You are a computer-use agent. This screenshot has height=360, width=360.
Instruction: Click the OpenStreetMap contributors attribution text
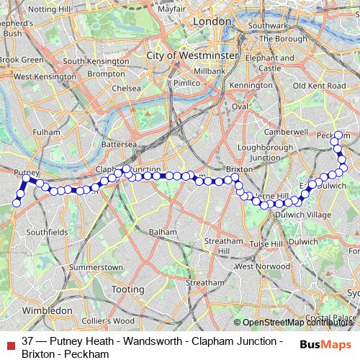point(297,323)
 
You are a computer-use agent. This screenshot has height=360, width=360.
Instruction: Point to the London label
point(211,22)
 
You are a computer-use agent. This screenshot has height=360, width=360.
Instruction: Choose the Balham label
point(162,233)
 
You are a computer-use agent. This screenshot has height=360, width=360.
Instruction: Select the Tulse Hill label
point(267,244)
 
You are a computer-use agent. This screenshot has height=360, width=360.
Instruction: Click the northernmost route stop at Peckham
point(338,135)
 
